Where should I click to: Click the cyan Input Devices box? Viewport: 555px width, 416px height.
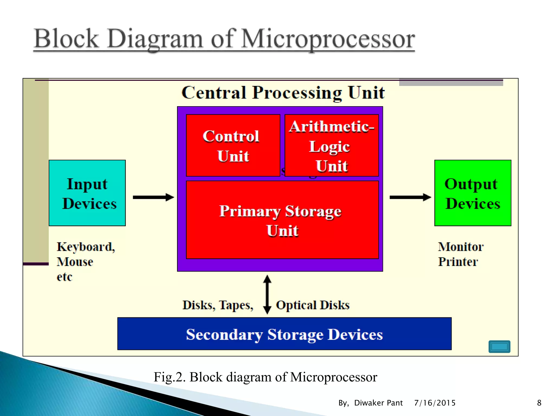(87, 193)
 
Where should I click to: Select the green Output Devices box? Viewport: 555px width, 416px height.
(473, 193)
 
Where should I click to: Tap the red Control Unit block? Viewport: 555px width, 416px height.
(233, 145)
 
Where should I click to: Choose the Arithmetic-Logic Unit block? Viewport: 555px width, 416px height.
(332, 145)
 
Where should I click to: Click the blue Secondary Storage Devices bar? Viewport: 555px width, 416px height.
(284, 334)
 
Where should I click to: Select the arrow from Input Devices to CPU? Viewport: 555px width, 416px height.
(153, 197)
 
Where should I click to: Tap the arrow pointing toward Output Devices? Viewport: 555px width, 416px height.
(410, 197)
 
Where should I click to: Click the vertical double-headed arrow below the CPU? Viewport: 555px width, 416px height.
(267, 294)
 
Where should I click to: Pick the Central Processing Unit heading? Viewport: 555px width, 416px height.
(283, 93)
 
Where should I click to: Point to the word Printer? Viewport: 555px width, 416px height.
(458, 262)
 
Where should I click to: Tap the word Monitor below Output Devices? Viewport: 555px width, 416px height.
(461, 247)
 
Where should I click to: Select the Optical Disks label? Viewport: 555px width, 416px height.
(313, 305)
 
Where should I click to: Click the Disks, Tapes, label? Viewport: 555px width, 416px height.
(218, 305)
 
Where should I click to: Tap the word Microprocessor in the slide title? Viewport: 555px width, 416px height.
(328, 39)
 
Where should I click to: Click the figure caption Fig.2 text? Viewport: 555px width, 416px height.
(265, 377)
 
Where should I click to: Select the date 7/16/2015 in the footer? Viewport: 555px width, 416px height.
(435, 403)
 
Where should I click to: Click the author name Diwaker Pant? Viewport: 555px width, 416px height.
(378, 403)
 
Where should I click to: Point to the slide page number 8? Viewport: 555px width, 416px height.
(539, 403)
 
